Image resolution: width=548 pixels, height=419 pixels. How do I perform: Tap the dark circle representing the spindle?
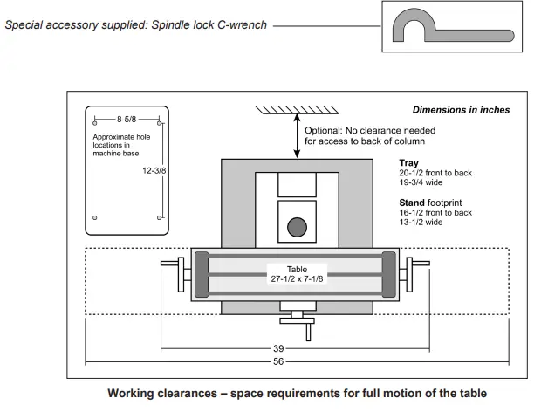pos(297,228)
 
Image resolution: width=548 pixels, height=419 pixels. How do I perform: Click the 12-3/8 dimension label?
pos(154,171)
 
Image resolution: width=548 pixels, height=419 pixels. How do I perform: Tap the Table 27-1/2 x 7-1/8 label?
pos(297,274)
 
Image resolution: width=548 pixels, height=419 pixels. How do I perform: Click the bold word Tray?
pos(408,163)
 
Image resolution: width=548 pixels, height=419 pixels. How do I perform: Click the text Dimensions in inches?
pos(461,110)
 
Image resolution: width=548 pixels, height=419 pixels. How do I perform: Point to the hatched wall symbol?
pos(297,110)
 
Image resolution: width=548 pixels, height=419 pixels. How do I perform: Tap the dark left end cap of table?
pos(202,275)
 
